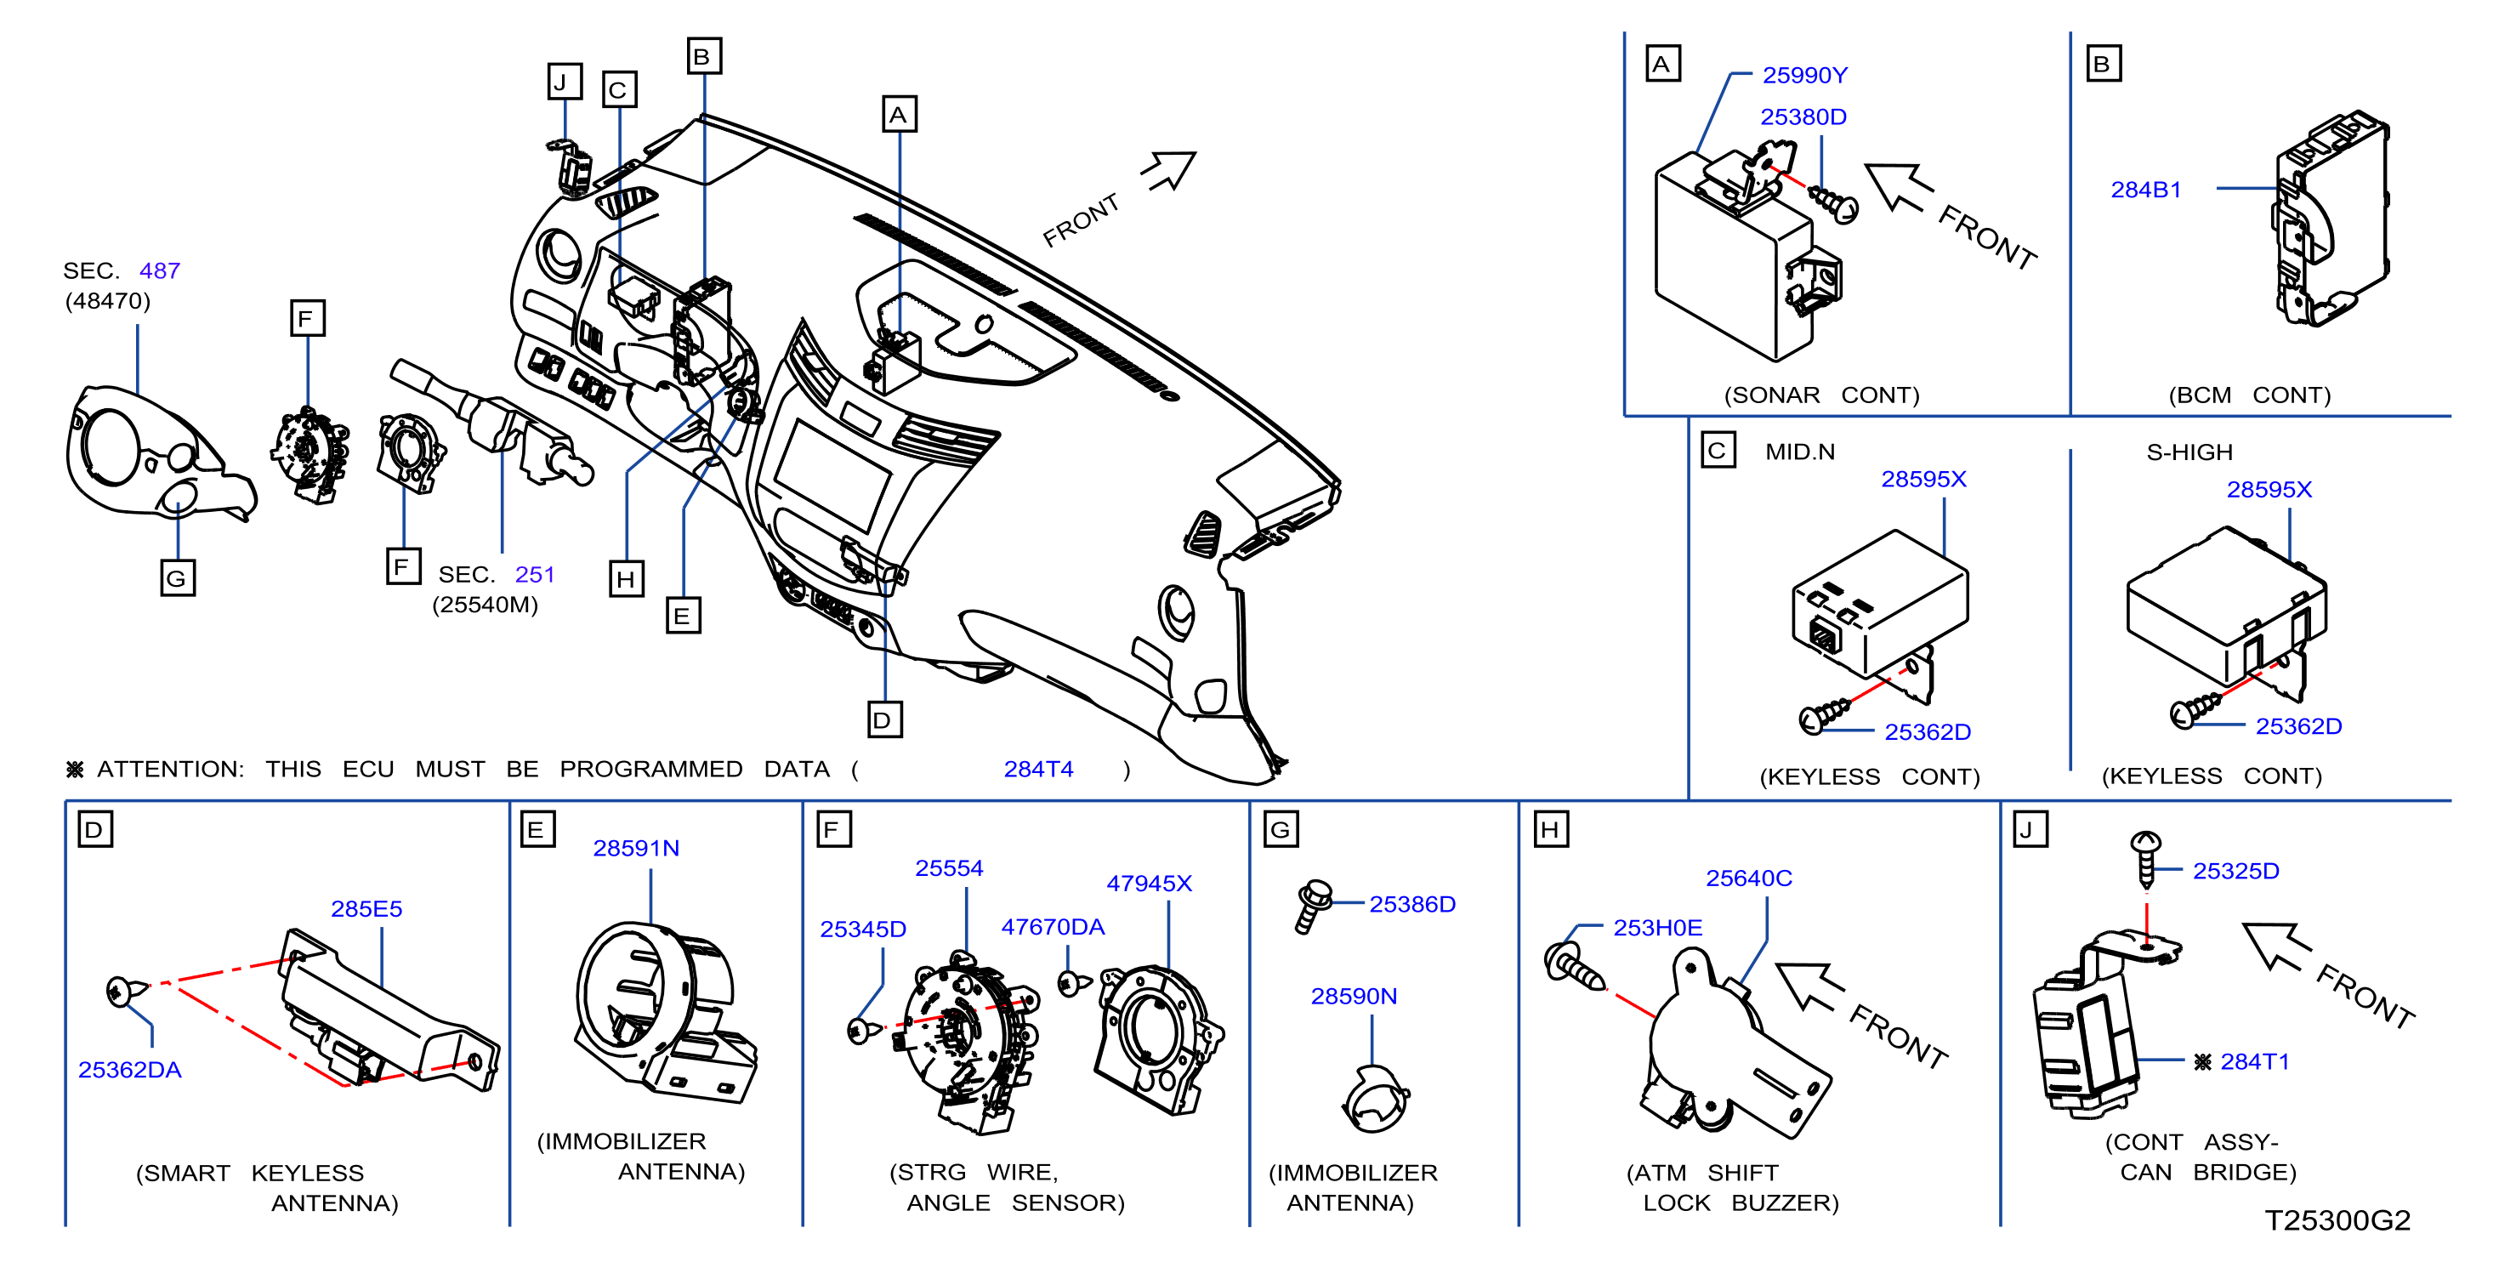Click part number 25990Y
(1804, 75)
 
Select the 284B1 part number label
(2146, 190)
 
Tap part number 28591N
(636, 848)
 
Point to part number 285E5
(366, 908)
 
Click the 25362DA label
(130, 1070)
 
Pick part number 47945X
(1149, 883)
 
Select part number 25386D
(1412, 903)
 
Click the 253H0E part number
(1657, 927)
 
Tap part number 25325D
(2235, 870)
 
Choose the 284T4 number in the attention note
(1038, 770)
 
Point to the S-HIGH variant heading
(2189, 452)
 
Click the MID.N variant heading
(1799, 452)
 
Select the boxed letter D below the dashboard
(885, 720)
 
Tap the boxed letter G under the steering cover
(178, 577)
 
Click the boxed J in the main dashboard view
(564, 82)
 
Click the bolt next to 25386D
(1311, 906)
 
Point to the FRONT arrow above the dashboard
(1171, 170)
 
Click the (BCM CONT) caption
(2248, 395)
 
